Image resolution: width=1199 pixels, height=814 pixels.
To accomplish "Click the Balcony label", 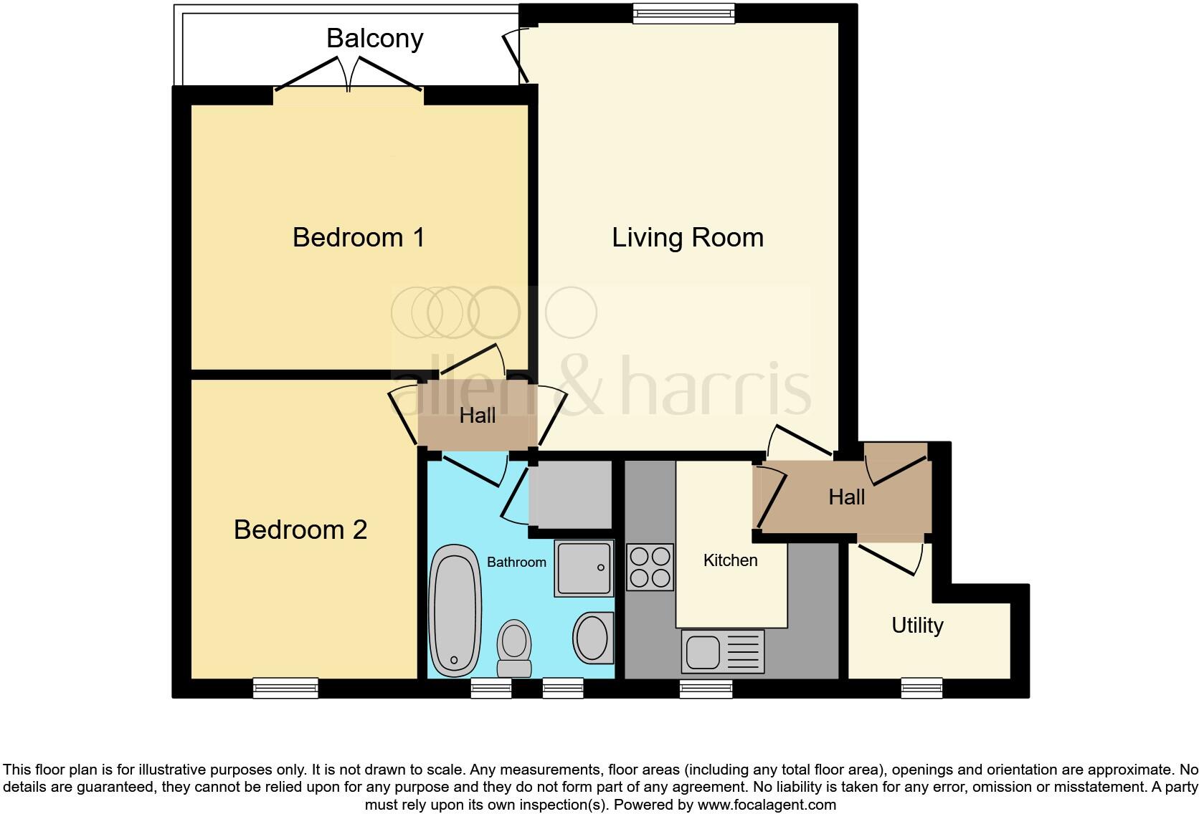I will tap(374, 38).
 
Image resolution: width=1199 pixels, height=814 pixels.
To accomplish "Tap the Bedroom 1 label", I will tap(359, 237).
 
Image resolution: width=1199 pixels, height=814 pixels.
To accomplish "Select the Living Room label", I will tap(687, 237).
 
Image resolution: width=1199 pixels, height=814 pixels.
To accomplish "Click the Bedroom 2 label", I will tap(300, 530).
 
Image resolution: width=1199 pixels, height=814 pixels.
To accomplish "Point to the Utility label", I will tap(916, 626).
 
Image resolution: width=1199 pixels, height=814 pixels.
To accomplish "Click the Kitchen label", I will tap(730, 560).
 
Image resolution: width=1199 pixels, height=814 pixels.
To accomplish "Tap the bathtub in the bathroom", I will tap(455, 610).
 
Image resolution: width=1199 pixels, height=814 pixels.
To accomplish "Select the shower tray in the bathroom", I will tap(584, 568).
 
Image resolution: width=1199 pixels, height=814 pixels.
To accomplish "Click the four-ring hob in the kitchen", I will tap(650, 567).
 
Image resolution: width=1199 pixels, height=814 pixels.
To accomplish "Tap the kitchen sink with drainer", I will tap(722, 651).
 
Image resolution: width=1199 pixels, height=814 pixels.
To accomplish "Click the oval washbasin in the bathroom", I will tap(593, 637).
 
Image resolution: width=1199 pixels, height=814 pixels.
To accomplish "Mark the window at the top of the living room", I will tap(683, 13).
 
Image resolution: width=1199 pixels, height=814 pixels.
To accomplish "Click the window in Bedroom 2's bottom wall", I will tap(285, 688).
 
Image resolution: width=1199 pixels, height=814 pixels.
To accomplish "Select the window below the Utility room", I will tap(921, 688).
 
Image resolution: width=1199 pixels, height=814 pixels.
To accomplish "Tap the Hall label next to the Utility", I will tap(846, 497).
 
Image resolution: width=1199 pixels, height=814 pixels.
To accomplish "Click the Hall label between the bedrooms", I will tap(477, 416).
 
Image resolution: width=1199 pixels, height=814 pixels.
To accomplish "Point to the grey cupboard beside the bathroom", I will tap(570, 494).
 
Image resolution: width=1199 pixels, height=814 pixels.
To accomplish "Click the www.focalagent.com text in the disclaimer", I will tap(767, 805).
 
